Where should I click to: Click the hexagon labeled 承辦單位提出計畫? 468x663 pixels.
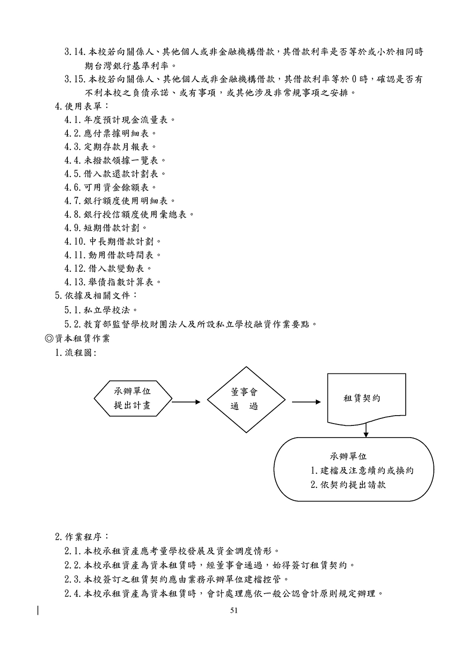pyautogui.click(x=132, y=399)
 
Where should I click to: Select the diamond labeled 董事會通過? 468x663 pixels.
pyautogui.click(x=246, y=399)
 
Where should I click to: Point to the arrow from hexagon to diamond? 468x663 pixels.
pyautogui.click(x=186, y=402)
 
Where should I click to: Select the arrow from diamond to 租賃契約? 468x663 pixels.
pyautogui.click(x=306, y=402)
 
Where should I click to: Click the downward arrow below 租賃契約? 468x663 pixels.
pyautogui.click(x=366, y=430)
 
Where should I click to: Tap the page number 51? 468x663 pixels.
pyautogui.click(x=234, y=610)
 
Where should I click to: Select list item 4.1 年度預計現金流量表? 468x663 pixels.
pyautogui.click(x=120, y=119)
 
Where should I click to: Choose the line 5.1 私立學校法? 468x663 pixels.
pyautogui.click(x=102, y=310)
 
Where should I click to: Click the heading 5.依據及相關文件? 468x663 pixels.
pyautogui.click(x=96, y=296)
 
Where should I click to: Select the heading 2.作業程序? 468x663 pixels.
pyautogui.click(x=82, y=536)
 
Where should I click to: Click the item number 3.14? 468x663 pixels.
pyautogui.click(x=74, y=52)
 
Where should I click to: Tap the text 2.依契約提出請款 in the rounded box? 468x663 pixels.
pyautogui.click(x=348, y=485)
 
